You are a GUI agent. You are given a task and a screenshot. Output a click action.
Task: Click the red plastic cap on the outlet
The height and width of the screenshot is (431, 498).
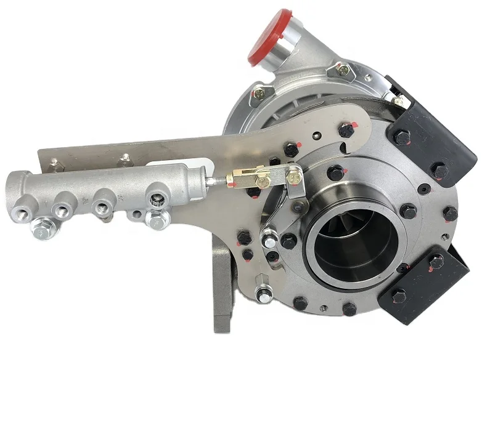(x=271, y=39)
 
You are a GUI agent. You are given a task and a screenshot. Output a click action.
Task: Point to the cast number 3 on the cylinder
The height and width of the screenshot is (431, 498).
(x=121, y=198)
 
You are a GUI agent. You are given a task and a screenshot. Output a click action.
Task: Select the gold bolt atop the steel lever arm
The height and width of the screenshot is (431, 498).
(x=293, y=177)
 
